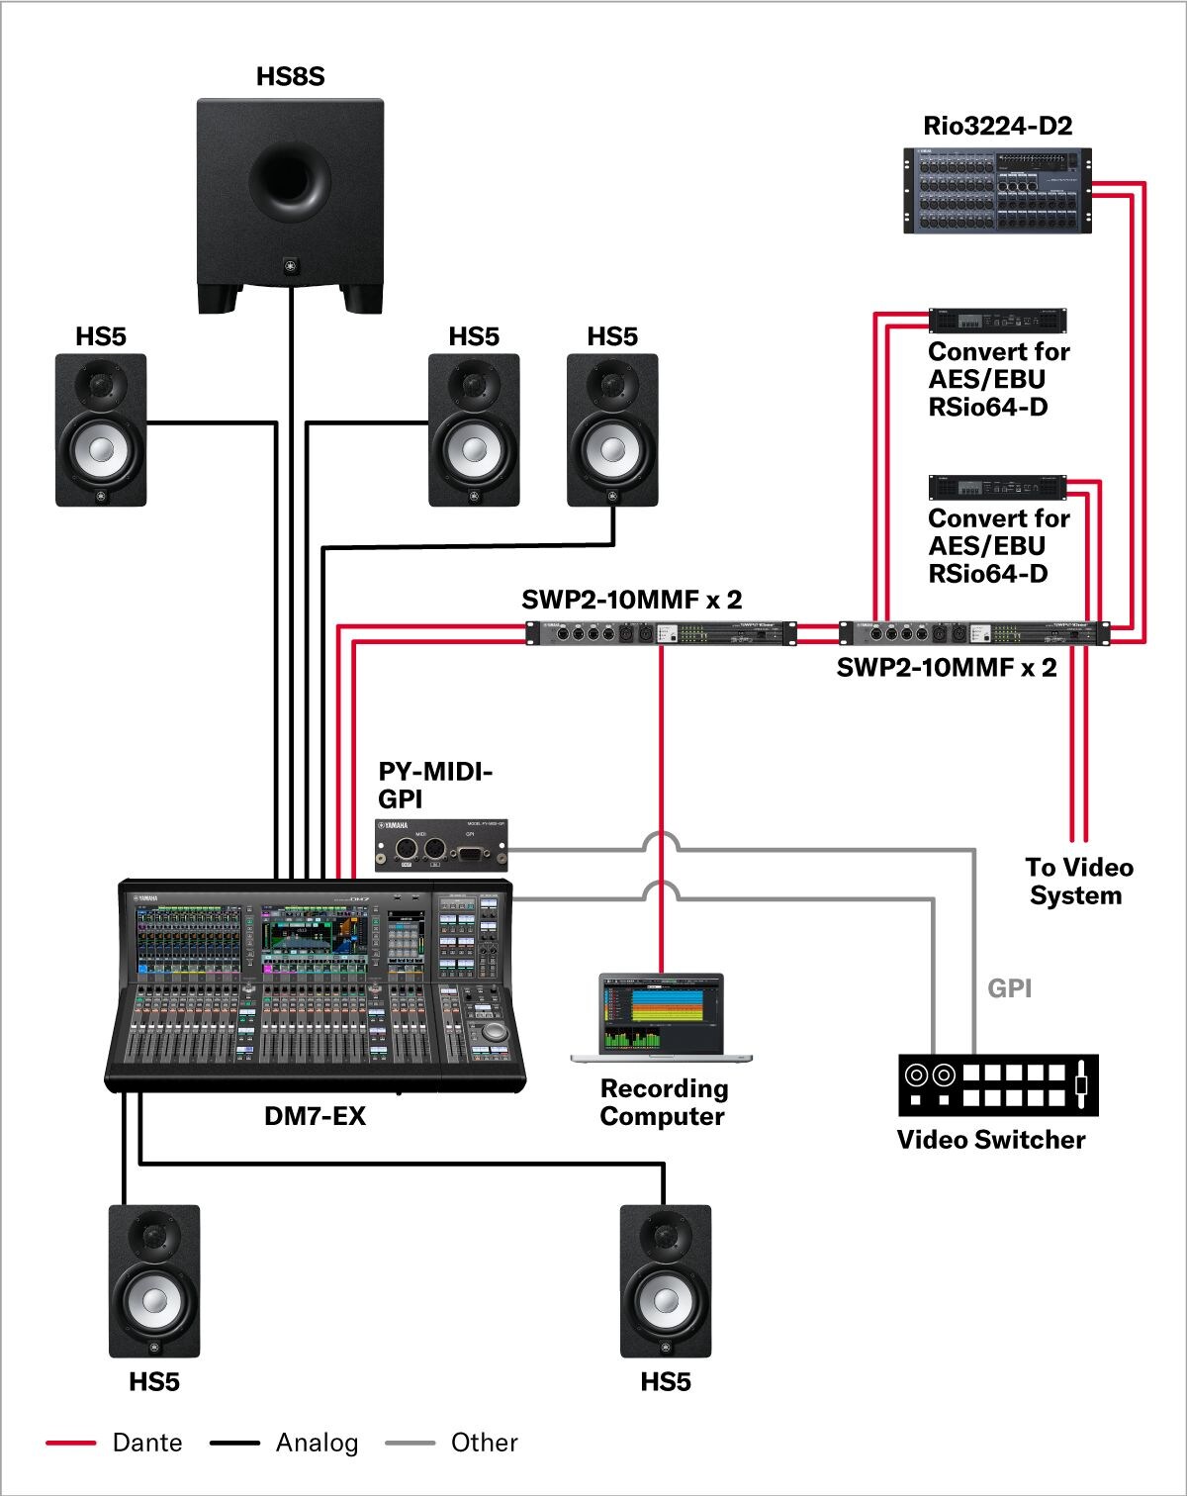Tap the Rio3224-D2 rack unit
(x=997, y=191)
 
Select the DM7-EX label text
(x=315, y=1116)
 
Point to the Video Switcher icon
(x=998, y=1084)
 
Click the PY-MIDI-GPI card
(x=442, y=845)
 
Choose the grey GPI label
(x=1009, y=987)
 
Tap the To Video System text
(x=1077, y=882)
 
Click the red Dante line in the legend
(x=70, y=1444)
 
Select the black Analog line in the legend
(x=234, y=1444)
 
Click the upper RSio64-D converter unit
(x=997, y=322)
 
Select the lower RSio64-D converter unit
(x=997, y=488)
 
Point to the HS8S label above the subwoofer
(x=290, y=76)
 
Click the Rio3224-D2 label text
(x=997, y=126)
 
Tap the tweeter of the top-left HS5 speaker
(x=101, y=384)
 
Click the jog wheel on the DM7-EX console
(x=495, y=1031)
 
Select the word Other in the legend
(x=484, y=1443)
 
